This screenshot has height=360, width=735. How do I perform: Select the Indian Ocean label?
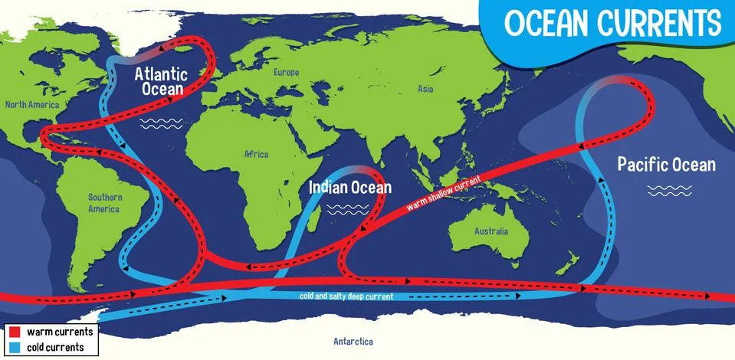coord(349,187)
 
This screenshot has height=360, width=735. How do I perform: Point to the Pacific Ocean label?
coord(666,164)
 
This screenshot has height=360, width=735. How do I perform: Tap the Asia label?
coord(425,89)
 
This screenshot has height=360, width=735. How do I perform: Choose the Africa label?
coord(256,155)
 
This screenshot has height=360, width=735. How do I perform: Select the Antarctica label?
coord(353,342)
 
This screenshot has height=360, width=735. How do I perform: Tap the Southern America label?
coord(104,202)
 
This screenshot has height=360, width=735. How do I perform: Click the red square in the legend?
coord(15,332)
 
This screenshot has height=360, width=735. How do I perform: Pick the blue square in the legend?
coord(15,347)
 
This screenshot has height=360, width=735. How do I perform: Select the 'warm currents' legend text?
coord(60,332)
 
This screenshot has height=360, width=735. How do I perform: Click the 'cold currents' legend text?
coord(58,347)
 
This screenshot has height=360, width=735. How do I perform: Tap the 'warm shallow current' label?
coord(444,192)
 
